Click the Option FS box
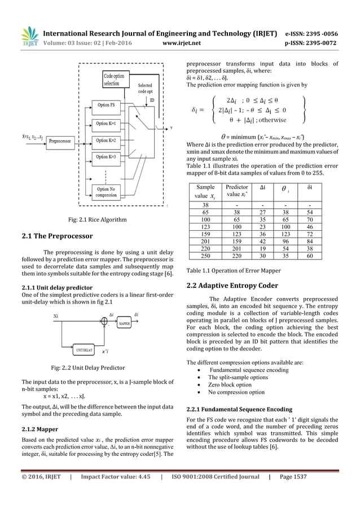tap(107, 105)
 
